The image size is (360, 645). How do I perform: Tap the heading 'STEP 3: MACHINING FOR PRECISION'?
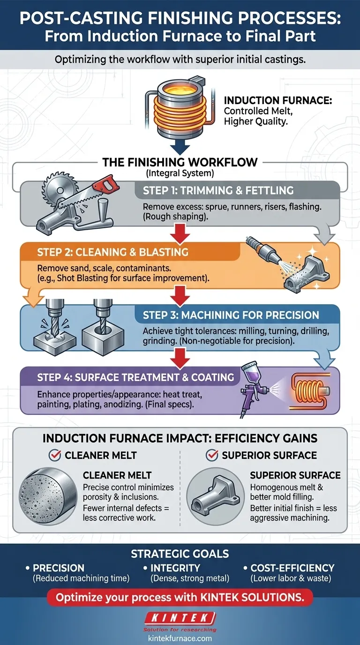coord(231,315)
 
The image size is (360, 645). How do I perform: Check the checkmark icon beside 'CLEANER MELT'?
coord(55,455)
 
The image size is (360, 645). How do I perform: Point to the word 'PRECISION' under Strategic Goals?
coord(59,568)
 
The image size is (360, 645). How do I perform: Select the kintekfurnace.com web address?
coord(180,638)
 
